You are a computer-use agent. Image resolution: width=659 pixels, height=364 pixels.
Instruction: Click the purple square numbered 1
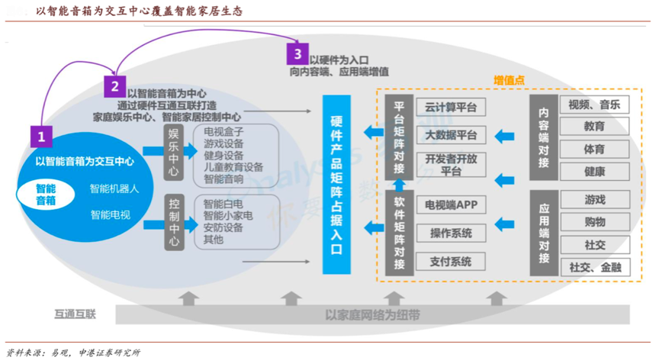[x=41, y=137]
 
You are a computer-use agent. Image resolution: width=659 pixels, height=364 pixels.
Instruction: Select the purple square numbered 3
[x=297, y=53]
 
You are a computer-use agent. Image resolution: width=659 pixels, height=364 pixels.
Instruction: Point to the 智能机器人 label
[x=114, y=188]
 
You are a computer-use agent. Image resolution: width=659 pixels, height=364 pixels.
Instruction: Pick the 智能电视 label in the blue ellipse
[x=110, y=215]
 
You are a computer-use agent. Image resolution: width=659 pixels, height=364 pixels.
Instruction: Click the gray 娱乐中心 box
[x=174, y=152]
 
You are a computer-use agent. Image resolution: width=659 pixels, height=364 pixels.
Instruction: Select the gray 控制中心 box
[x=174, y=222]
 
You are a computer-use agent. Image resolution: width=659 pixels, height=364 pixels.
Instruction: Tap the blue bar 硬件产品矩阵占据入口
[x=336, y=185]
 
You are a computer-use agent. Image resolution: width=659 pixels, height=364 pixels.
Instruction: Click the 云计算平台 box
[x=451, y=108]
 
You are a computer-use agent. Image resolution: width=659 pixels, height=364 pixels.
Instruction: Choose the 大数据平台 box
[x=451, y=136]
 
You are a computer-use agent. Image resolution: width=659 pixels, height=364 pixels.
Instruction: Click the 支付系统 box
[x=451, y=262]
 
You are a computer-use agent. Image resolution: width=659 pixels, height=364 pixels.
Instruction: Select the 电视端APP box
[x=451, y=205]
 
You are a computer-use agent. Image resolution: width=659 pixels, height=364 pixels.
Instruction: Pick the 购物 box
[x=594, y=222]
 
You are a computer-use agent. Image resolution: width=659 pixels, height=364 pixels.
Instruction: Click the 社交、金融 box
[x=594, y=267]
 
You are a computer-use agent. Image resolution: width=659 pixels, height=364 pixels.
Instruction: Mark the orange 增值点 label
[x=509, y=80]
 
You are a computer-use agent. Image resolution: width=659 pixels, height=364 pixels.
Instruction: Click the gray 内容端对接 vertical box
[x=544, y=137]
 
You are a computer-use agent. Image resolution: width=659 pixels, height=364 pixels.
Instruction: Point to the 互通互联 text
[x=75, y=314]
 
